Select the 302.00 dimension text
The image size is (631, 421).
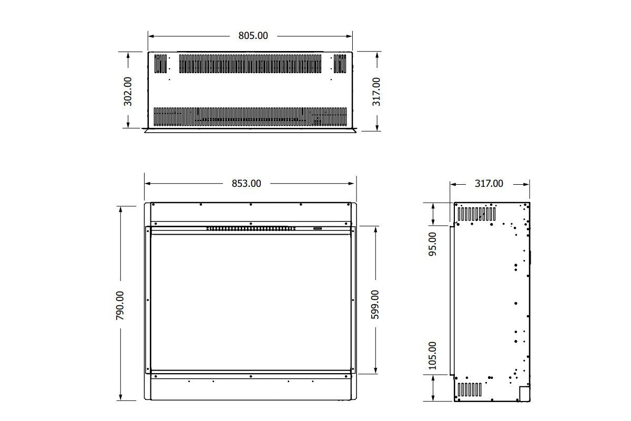[x=128, y=91]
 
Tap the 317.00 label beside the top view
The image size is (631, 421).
[x=376, y=91]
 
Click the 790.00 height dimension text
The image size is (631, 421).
[x=120, y=305]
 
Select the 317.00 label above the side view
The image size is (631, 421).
[x=489, y=184]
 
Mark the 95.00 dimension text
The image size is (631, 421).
[x=433, y=244]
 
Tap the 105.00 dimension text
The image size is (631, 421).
[x=433, y=355]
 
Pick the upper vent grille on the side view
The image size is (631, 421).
[x=476, y=214]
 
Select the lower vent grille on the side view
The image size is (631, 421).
[x=470, y=389]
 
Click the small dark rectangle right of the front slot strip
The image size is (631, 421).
[x=318, y=228]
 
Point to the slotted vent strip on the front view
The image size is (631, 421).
[x=250, y=228]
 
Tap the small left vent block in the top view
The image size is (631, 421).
[x=160, y=64]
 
